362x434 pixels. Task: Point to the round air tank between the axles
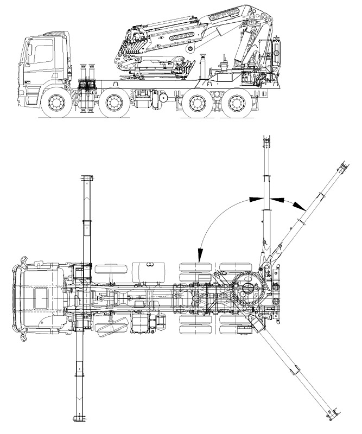point(162,99)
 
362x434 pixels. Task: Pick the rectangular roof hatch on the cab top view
point(41,298)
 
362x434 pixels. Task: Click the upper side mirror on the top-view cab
point(22,262)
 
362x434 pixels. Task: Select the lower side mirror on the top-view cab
point(22,336)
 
